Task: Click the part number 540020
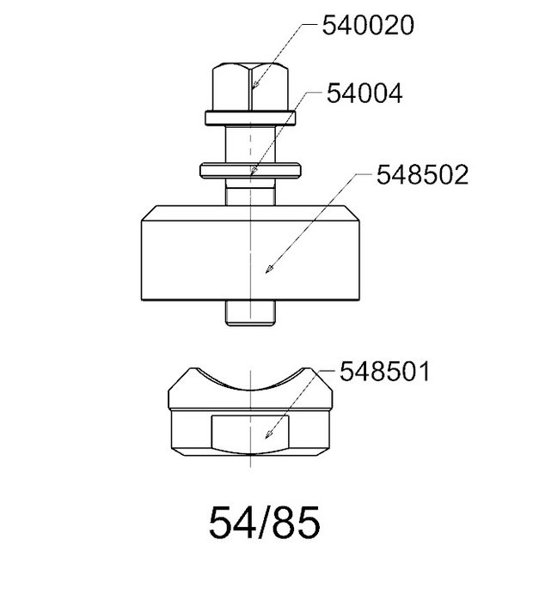click(x=368, y=25)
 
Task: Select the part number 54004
click(x=364, y=94)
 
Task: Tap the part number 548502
click(x=422, y=175)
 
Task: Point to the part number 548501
click(x=384, y=371)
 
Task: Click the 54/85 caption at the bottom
click(x=264, y=523)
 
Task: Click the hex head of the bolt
click(x=250, y=87)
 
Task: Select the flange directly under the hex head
click(x=250, y=118)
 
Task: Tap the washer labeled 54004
click(x=250, y=170)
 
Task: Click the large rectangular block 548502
click(x=250, y=253)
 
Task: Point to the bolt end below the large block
click(x=250, y=313)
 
